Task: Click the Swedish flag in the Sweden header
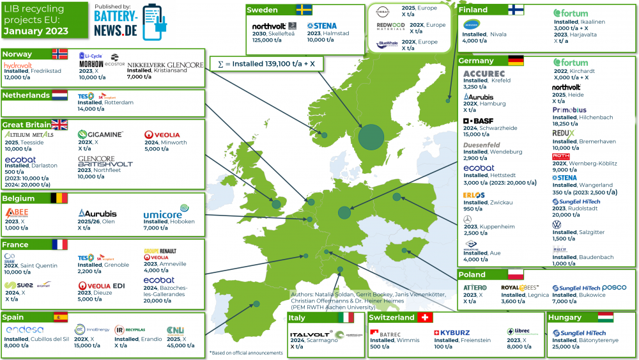(304, 10)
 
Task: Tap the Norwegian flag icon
(59, 54)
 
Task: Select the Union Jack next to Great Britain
(59, 125)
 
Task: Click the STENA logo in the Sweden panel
(321, 26)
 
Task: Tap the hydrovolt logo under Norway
(18, 66)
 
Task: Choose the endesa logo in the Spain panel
(24, 329)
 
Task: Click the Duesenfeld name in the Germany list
(482, 145)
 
